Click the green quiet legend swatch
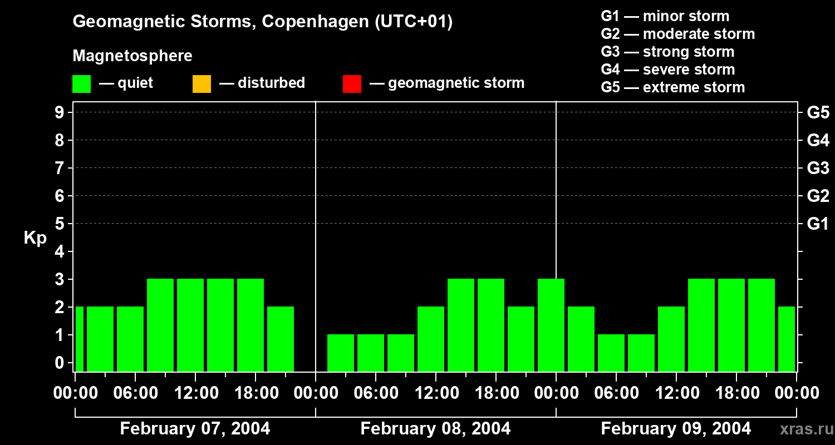pos(81,83)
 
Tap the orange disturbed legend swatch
pos(202,83)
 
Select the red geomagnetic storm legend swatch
pos(352,83)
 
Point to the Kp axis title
pos(35,238)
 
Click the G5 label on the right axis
pos(818,113)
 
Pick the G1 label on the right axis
pos(818,224)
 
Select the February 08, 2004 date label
pos(435,429)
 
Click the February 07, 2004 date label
pos(195,429)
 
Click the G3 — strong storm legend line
pos(667,52)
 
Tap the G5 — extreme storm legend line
pos(672,87)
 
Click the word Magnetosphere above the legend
pos(132,56)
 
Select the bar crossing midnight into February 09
pos(551,325)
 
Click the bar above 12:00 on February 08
pos(431,339)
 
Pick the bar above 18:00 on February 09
pos(731,325)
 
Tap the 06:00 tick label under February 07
pos(135,393)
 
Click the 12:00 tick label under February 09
pos(676,393)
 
